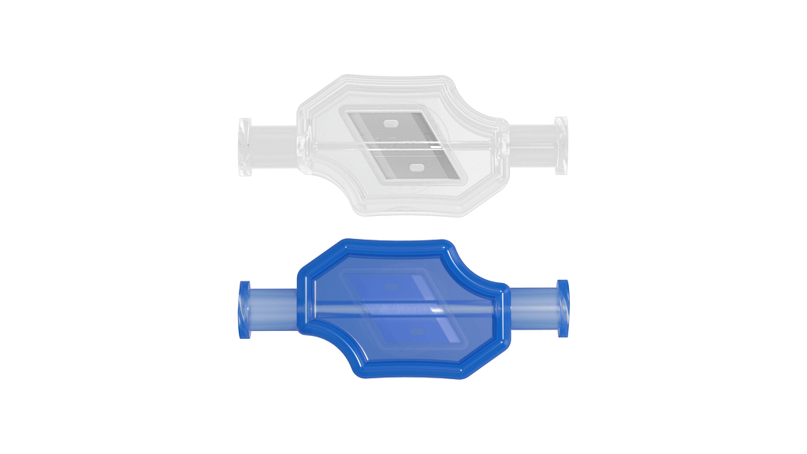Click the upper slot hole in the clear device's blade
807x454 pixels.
[x=389, y=123]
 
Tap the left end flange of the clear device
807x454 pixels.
[x=245, y=147]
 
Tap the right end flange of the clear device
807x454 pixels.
[x=561, y=145]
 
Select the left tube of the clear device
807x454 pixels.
[x=273, y=147]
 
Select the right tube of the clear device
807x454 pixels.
[x=532, y=144]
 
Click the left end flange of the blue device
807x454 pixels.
[x=244, y=310]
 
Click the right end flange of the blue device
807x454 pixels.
[x=563, y=308]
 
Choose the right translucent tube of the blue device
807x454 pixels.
[x=534, y=307]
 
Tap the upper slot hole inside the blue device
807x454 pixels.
[x=392, y=287]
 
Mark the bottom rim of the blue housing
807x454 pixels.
[x=410, y=375]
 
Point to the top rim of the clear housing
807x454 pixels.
[x=378, y=80]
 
